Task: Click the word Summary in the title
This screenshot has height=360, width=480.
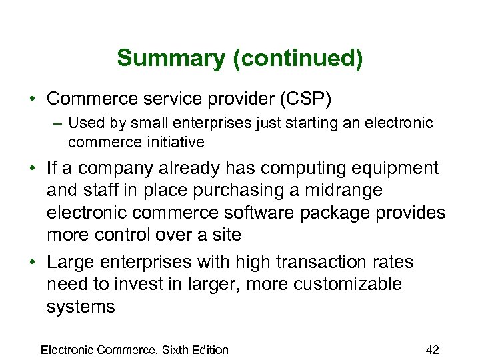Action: pos(171,59)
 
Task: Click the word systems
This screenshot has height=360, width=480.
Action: pos(81,307)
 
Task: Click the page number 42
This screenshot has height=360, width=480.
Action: pos(432,349)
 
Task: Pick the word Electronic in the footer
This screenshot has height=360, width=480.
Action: pos(67,349)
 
